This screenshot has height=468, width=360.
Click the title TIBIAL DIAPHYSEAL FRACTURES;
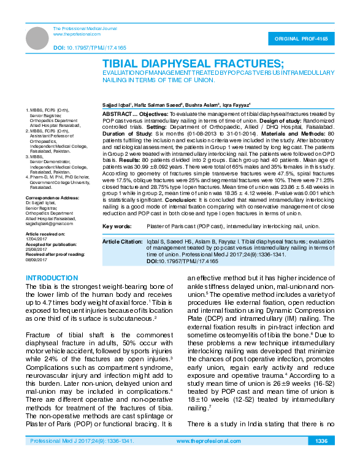193,64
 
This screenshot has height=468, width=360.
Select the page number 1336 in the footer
321,441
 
